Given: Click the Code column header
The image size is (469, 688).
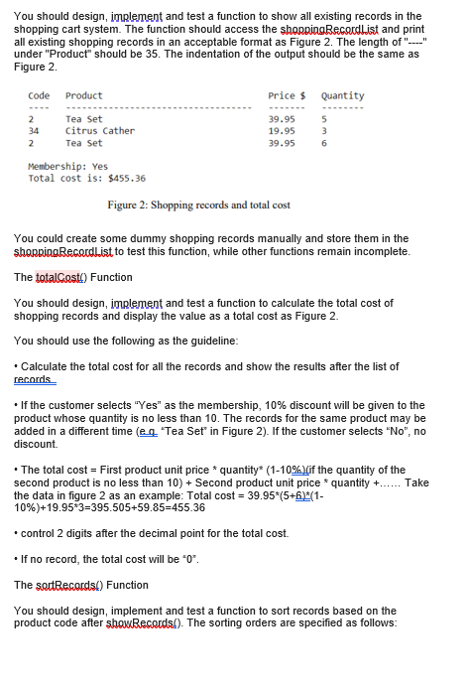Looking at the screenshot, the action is [39, 95].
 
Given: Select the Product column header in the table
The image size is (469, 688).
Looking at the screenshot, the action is [83, 95].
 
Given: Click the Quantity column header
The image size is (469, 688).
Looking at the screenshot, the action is [343, 95].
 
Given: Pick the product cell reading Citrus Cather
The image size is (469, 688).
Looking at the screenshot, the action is [99, 130].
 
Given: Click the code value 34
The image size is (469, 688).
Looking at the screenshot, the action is [34, 130].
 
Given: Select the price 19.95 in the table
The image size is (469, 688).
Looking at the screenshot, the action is [282, 130].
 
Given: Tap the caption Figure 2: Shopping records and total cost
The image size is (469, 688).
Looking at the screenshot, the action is [198, 205].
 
